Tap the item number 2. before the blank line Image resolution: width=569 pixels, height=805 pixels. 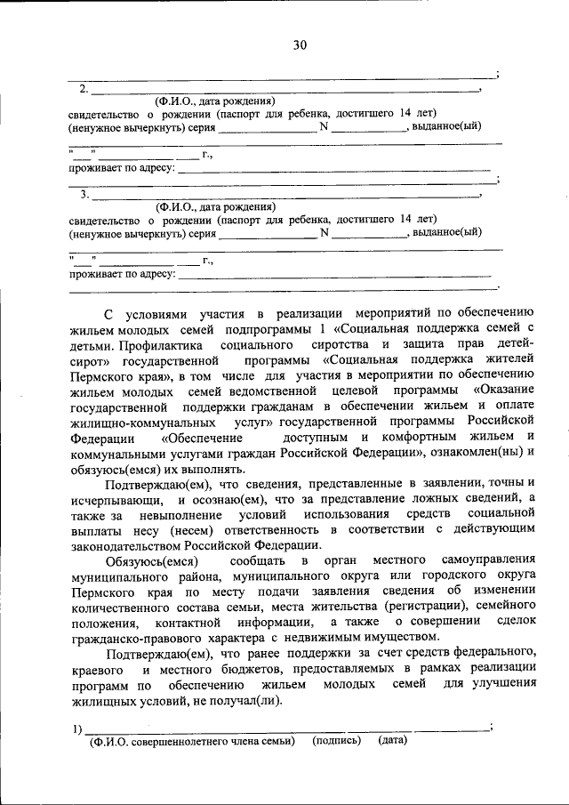point(84,88)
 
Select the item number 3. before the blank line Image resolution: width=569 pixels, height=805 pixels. point(84,195)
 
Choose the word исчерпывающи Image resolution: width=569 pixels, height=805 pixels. point(122,503)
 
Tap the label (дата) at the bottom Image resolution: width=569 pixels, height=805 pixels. point(392,741)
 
